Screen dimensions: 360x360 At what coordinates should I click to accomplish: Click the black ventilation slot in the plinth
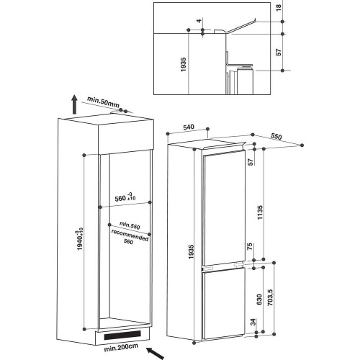(123, 336)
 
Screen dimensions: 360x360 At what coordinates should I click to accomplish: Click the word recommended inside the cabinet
(130, 236)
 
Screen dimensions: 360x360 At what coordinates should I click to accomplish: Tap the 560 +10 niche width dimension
(126, 197)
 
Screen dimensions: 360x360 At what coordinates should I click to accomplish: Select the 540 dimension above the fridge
(190, 127)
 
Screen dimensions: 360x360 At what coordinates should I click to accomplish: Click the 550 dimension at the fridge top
(276, 135)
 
